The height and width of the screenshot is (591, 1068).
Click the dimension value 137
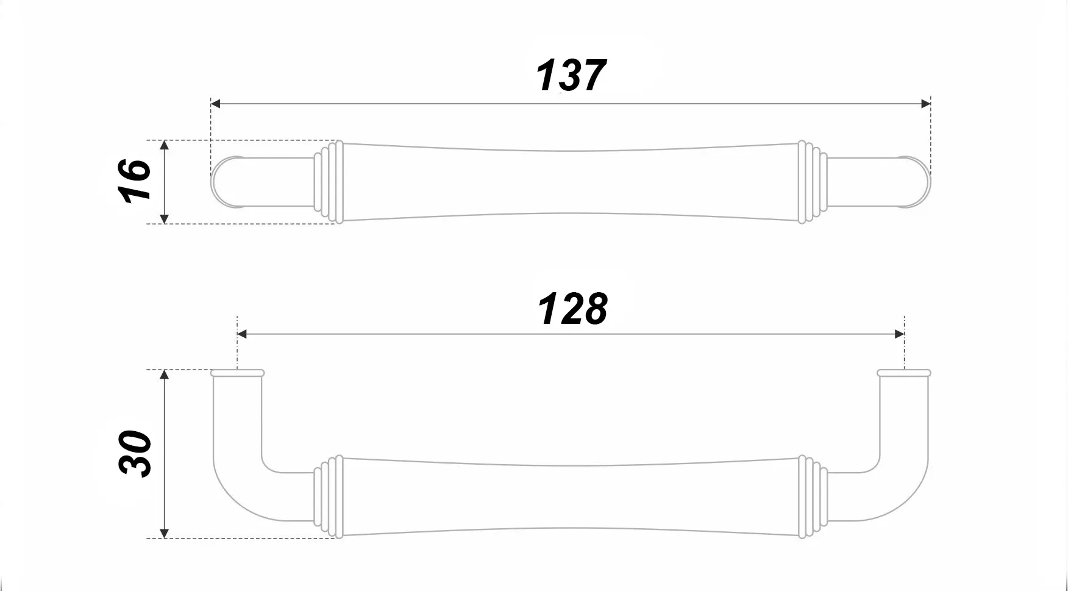571,76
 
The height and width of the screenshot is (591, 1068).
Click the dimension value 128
572,309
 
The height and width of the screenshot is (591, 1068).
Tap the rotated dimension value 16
135,181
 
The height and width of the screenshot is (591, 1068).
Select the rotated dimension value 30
135,454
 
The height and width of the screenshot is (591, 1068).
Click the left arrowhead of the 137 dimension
215,104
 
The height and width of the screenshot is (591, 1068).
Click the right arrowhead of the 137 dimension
926,104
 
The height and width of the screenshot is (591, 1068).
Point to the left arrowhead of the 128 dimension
242,334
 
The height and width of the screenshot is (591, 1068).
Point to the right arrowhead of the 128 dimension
899,334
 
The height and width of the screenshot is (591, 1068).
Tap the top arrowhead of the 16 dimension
164,145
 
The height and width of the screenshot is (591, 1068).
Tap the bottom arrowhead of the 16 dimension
164,219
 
